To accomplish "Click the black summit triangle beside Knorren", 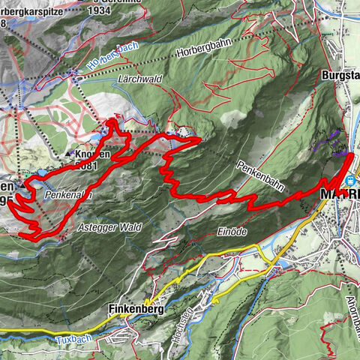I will coord(70,154).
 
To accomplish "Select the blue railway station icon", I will coord(351,181).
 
